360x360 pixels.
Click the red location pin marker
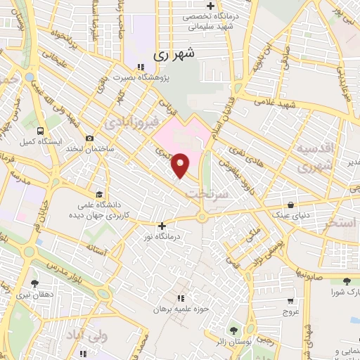[181, 165]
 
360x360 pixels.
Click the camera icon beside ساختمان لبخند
[89, 139]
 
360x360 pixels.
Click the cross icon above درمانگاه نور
[162, 226]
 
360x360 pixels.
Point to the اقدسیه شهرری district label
[312, 159]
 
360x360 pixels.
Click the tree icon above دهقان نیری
[34, 283]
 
